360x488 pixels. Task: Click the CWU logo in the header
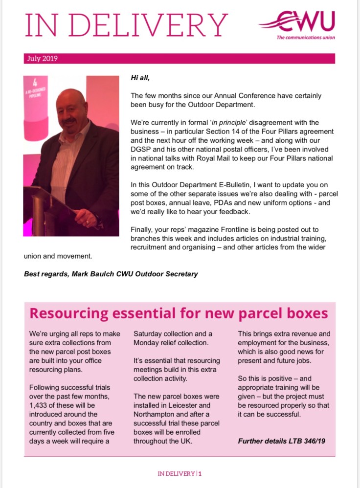coord(299,22)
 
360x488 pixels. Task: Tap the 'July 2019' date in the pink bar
coord(41,59)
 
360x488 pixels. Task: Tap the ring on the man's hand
coord(88,222)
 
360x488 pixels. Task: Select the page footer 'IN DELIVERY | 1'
coord(180,474)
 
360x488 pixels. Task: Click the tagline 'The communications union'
coord(306,37)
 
